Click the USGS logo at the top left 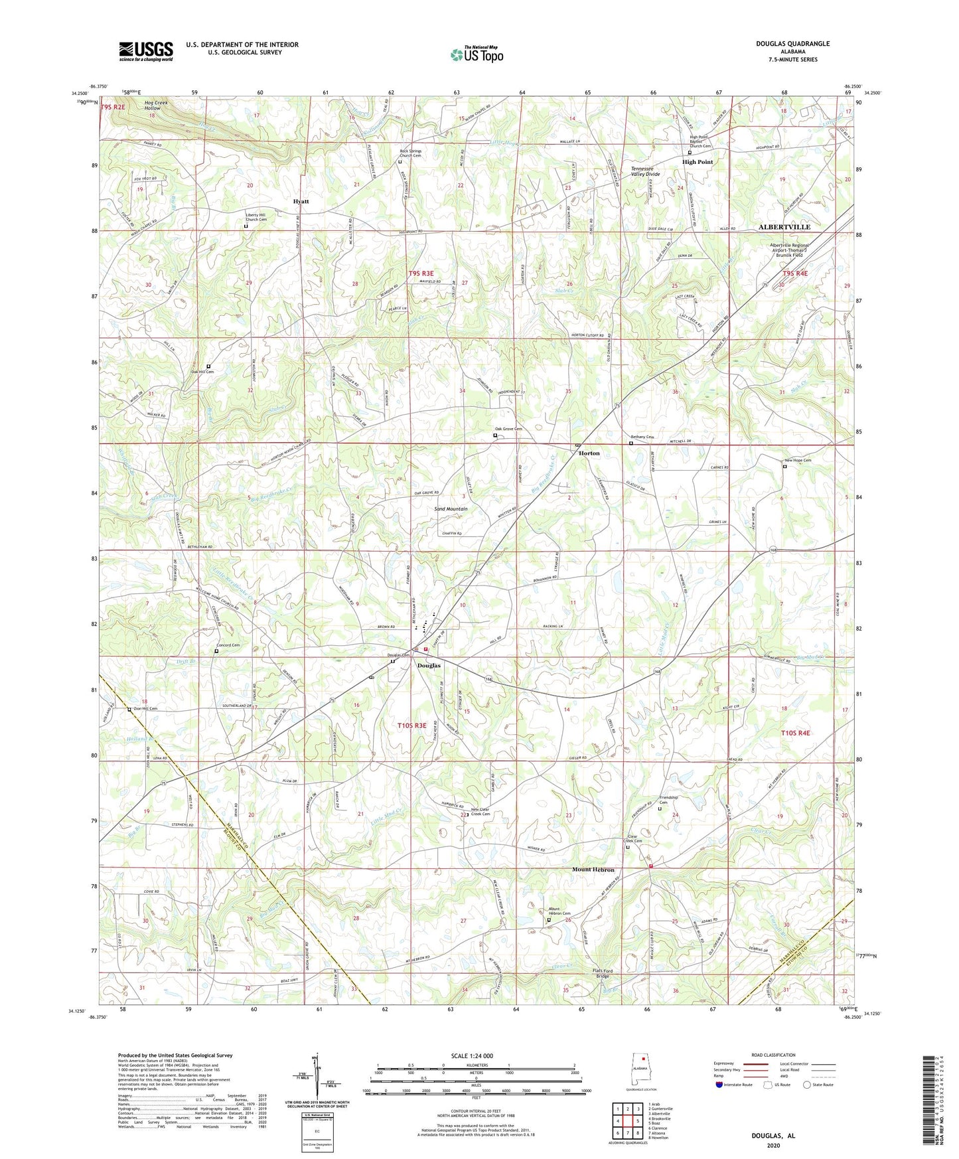pyautogui.click(x=146, y=51)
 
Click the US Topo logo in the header pyautogui.click(x=476, y=54)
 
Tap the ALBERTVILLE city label pyautogui.click(x=784, y=227)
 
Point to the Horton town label pyautogui.click(x=589, y=453)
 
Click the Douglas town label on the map pyautogui.click(x=429, y=666)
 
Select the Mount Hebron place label pyautogui.click(x=593, y=870)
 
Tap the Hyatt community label pyautogui.click(x=301, y=201)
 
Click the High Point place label pyautogui.click(x=698, y=162)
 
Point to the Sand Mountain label pyautogui.click(x=451, y=509)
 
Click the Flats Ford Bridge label pyautogui.click(x=602, y=974)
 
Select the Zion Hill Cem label pyautogui.click(x=145, y=709)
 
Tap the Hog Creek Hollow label pyautogui.click(x=152, y=106)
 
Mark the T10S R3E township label pyautogui.click(x=411, y=726)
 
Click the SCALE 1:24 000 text pyautogui.click(x=472, y=1056)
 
